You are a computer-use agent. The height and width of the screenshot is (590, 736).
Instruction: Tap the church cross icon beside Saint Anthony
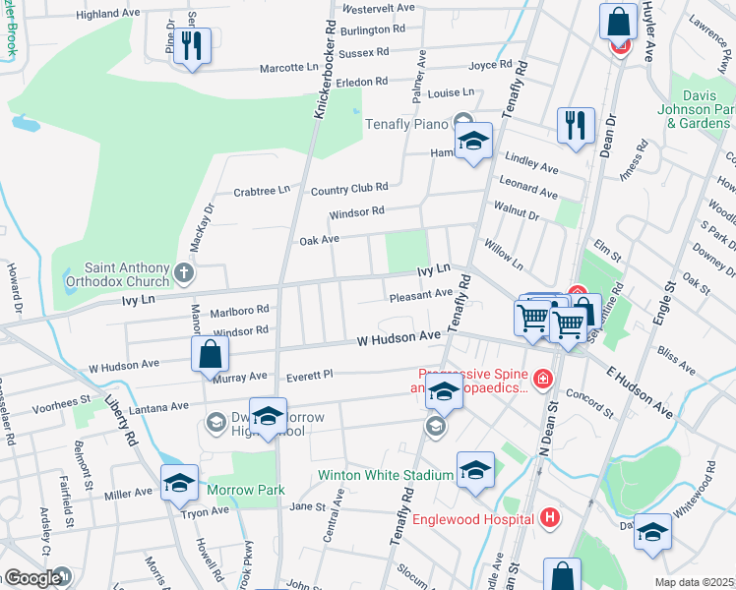point(184,271)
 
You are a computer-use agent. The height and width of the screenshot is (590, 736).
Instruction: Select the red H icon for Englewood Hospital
point(550,517)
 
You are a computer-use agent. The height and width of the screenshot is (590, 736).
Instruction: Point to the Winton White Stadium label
point(384,475)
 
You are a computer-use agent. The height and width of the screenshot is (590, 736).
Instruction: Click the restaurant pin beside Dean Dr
point(575,125)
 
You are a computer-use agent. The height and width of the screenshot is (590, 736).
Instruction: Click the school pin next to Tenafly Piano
point(473,141)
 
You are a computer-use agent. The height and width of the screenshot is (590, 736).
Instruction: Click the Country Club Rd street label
point(349,187)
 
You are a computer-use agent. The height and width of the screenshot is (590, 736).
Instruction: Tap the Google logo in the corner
point(32,578)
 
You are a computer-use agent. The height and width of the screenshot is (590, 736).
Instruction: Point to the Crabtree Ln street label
point(262,190)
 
